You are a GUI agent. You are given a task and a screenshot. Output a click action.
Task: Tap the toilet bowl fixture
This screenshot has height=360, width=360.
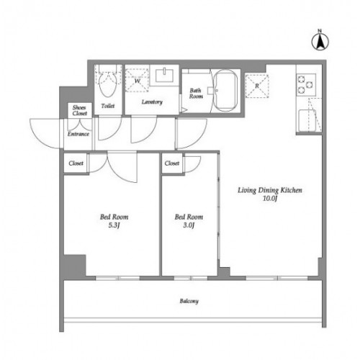click(x=108, y=84)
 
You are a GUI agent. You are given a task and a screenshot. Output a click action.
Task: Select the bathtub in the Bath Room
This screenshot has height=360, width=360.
click(x=225, y=91)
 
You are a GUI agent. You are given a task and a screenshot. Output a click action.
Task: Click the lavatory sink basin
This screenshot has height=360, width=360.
click(x=164, y=75)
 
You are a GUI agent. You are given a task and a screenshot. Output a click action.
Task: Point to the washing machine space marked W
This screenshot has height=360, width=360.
click(x=137, y=80)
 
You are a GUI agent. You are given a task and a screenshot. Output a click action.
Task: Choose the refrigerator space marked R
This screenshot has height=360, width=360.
click(x=257, y=86)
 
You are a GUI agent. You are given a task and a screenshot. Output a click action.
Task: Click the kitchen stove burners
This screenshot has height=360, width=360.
click(x=306, y=85)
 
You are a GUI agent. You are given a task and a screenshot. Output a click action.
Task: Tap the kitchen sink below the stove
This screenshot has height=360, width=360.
click(x=307, y=120)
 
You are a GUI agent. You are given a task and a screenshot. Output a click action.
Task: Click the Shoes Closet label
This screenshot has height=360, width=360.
click(x=80, y=110)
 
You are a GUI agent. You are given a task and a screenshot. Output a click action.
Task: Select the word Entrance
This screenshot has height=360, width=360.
click(x=78, y=134)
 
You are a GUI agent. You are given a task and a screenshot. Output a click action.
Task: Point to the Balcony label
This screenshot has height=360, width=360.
click(x=189, y=301)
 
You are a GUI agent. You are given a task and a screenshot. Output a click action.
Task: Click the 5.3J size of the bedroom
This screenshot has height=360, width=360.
click(x=114, y=225)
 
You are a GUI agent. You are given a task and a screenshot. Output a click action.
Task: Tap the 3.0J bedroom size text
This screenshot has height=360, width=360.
click(x=189, y=225)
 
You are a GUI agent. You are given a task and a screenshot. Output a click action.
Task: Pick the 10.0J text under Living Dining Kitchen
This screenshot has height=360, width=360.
click(x=270, y=199)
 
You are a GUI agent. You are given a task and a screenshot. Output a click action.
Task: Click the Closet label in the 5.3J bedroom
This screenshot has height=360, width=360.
click(x=76, y=163)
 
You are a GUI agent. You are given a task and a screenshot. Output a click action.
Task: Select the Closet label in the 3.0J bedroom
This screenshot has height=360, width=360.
click(x=172, y=163)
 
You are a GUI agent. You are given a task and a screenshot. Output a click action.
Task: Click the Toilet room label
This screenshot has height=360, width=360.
click(x=108, y=106)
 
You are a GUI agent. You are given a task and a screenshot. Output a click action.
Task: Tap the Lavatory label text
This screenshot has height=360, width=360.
click(x=152, y=102)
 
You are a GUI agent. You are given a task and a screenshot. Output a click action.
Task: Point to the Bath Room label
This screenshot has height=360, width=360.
click(x=196, y=94)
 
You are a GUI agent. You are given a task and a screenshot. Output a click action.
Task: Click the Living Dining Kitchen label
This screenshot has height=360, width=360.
click(x=270, y=190)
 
